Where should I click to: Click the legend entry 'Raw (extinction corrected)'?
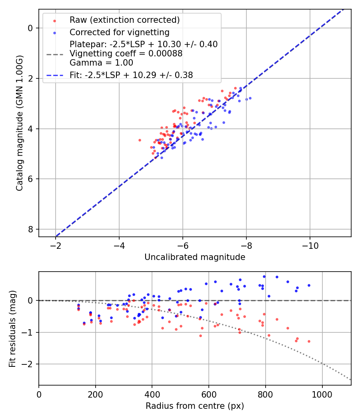coord(124,20)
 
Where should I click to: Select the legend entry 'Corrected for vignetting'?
coord(120,32)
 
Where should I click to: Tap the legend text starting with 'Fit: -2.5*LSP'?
coord(131,75)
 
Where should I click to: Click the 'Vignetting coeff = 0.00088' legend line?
coord(126,54)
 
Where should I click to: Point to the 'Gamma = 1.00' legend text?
coord(101,63)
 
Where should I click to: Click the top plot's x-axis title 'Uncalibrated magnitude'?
coord(195,257)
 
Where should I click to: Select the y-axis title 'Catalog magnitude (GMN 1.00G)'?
coord(20,123)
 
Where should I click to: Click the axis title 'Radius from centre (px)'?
coord(195,406)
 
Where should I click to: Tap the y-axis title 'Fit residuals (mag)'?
coord(13,328)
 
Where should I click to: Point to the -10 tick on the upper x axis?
coord(310,245)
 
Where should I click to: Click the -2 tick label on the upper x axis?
coord(56,245)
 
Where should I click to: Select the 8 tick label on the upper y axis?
coord(30,229)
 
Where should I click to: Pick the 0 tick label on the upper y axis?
coord(30,28)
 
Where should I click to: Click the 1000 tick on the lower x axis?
coord(322,394)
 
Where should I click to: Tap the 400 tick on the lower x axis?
coord(152,394)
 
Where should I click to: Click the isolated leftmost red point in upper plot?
coord(140,140)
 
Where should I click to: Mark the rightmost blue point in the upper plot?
coord(250,98)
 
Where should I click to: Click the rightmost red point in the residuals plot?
coord(309,341)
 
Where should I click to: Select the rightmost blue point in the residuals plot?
coord(309,285)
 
